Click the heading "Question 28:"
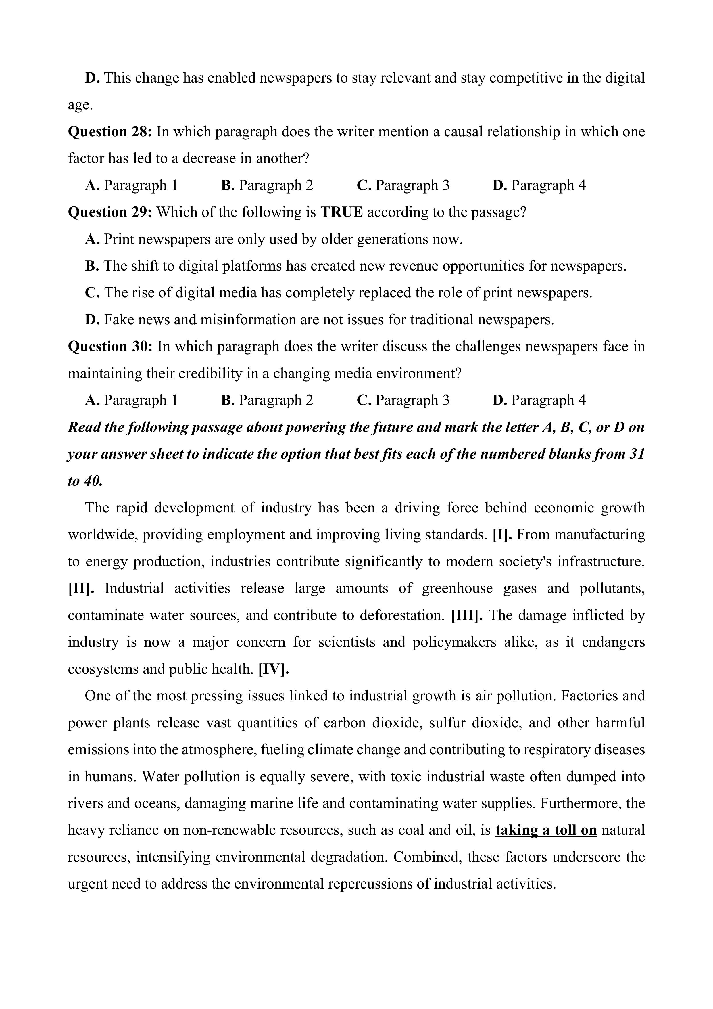click(x=110, y=131)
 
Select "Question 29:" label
click(x=110, y=212)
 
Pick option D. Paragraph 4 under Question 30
click(x=539, y=400)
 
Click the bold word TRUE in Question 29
click(x=341, y=212)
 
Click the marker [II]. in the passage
click(x=81, y=588)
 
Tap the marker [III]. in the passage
click(x=467, y=615)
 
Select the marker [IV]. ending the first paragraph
click(x=274, y=669)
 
